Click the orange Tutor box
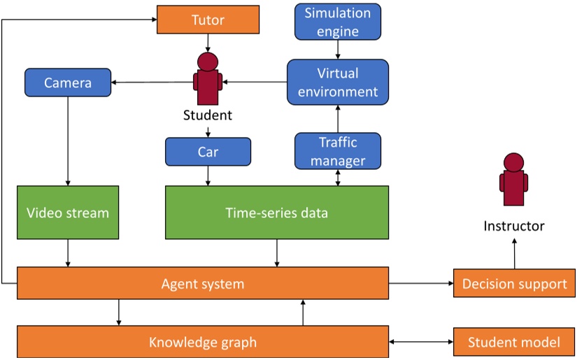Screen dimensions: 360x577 click(208, 20)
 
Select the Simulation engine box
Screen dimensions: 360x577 click(338, 22)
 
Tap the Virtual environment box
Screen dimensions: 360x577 click(338, 82)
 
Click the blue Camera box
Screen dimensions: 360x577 click(68, 82)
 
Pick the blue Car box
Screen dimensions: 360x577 click(208, 152)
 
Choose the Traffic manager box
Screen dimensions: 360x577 click(338, 151)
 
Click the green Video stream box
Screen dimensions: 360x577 click(68, 212)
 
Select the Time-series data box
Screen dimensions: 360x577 click(276, 212)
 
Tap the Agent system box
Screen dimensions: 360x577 click(203, 283)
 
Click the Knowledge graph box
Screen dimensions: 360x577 click(203, 342)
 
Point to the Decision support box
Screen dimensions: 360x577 click(514, 283)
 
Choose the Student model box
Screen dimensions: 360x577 click(514, 342)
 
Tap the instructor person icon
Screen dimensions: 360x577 click(514, 180)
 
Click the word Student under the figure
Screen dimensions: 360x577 click(208, 115)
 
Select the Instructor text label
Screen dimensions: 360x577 click(514, 226)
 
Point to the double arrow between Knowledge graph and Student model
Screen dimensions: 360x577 click(420, 342)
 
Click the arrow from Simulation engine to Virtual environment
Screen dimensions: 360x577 click(338, 49)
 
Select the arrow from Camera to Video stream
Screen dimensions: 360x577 click(68, 140)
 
